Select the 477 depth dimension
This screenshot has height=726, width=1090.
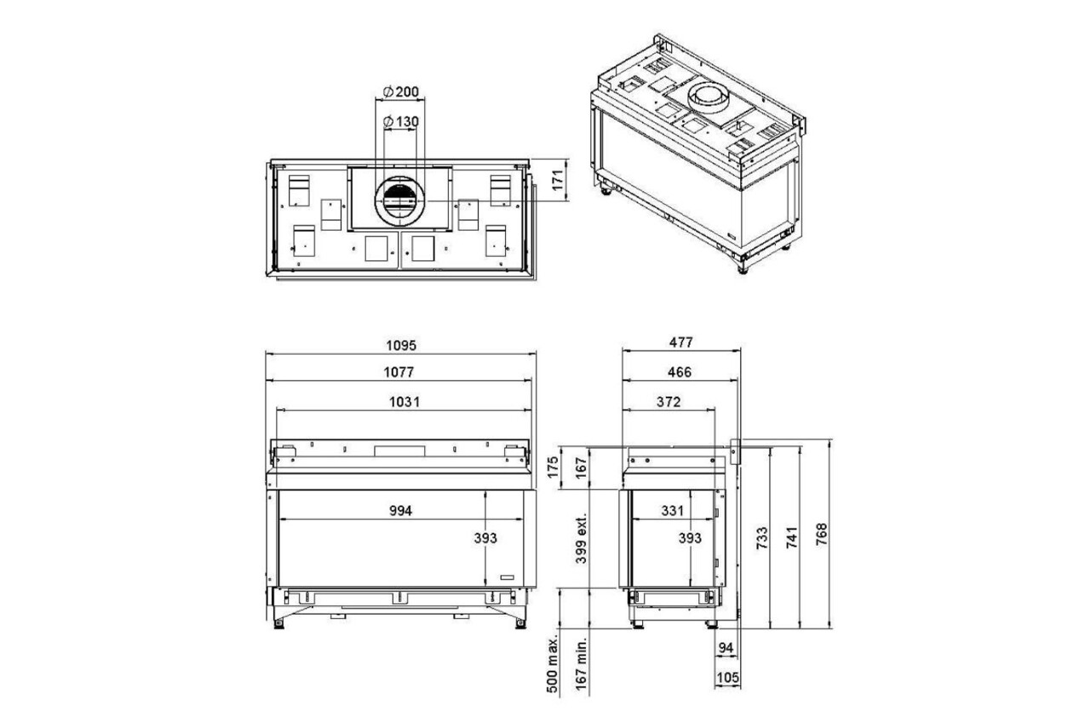(680, 343)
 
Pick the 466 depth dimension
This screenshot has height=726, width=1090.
(680, 372)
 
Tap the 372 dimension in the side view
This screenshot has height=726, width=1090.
(668, 402)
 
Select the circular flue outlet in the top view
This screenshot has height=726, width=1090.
(399, 201)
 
